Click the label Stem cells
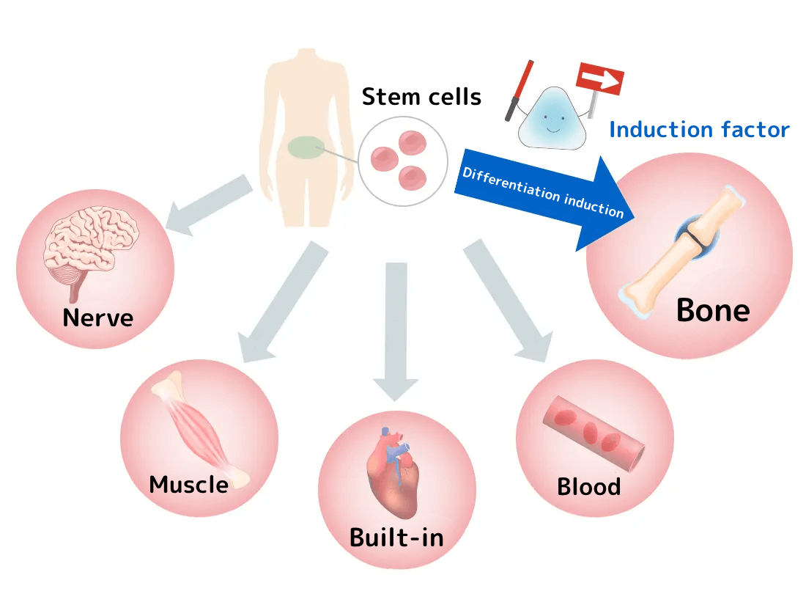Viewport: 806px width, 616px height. [x=421, y=96]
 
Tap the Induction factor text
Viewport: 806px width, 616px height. [x=699, y=131]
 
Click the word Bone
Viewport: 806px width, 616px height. [x=712, y=310]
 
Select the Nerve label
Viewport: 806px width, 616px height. [x=97, y=318]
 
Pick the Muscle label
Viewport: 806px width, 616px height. [x=188, y=484]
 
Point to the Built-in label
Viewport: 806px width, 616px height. [x=396, y=538]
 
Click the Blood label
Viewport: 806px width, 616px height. [x=588, y=487]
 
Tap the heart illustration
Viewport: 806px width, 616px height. [x=396, y=473]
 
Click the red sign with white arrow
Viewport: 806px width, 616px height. [x=600, y=80]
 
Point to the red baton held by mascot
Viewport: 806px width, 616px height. [x=517, y=87]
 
